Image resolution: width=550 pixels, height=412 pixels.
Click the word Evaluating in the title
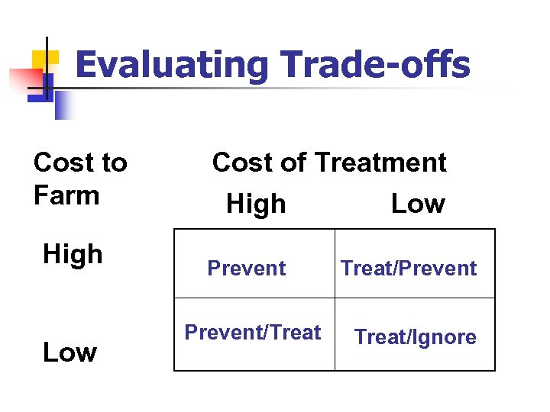[172, 66]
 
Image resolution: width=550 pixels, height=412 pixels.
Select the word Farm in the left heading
[66, 195]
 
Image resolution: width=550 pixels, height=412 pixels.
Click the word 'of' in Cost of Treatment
[291, 163]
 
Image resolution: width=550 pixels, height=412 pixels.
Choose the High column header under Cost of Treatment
[256, 204]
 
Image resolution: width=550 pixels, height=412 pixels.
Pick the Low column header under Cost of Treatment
[417, 204]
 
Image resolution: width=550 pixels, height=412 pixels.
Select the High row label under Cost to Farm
[73, 254]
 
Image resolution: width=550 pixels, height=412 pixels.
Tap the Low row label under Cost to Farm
[70, 352]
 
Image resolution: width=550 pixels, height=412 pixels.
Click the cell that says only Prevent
[247, 269]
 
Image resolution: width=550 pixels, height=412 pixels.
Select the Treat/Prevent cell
[409, 269]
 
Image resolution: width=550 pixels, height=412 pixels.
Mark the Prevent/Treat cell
[253, 333]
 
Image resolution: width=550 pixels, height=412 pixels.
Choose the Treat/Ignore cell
[416, 337]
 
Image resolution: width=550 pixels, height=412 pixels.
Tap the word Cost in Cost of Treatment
[243, 163]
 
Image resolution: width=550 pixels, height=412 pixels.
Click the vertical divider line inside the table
[335, 300]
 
